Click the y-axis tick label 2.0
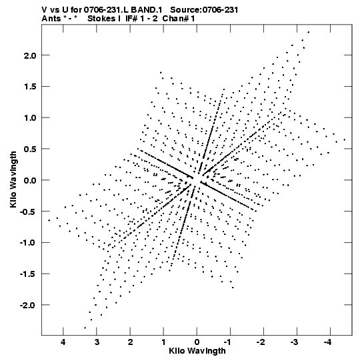[x=30, y=55]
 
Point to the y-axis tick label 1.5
[x=30, y=87]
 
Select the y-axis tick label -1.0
[x=28, y=243]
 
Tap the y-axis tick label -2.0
[x=28, y=305]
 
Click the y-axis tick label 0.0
[x=30, y=180]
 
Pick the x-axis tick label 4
[x=63, y=342]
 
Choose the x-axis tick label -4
[x=327, y=342]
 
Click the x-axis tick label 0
[x=197, y=342]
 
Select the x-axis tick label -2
[x=261, y=342]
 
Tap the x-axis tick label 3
[x=97, y=342]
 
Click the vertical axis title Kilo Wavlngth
[x=13, y=179]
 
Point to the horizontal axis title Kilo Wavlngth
[x=197, y=351]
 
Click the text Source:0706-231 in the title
[x=204, y=10]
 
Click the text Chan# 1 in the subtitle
[x=179, y=19]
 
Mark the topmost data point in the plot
[x=309, y=32]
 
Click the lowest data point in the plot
[x=85, y=328]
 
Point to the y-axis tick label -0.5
[x=28, y=212]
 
